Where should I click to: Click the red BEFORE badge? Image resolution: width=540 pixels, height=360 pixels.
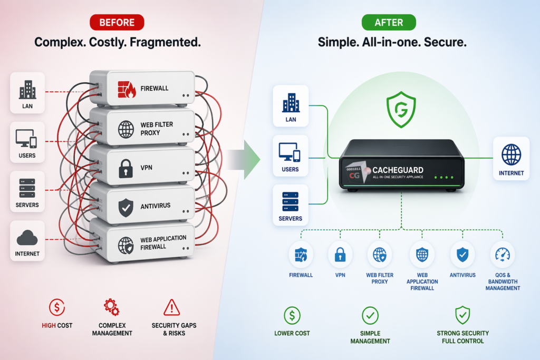(x=117, y=23)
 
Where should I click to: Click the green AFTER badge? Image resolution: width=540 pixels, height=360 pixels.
(x=389, y=23)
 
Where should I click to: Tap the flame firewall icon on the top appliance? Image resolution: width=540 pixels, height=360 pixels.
(x=126, y=89)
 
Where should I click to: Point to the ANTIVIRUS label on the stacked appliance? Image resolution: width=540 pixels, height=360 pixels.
(x=155, y=206)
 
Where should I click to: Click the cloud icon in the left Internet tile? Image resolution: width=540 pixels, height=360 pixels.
(x=27, y=239)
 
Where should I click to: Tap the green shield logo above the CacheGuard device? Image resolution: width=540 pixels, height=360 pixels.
(x=401, y=109)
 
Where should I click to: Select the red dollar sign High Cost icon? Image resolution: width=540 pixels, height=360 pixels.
(x=57, y=307)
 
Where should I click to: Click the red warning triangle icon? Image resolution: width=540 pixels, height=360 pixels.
(x=172, y=307)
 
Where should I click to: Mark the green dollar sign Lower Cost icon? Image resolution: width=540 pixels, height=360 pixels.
(x=292, y=315)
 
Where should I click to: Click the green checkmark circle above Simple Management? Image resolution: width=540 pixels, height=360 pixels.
(x=370, y=315)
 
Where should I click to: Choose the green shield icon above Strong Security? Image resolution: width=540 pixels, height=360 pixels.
(x=462, y=315)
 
